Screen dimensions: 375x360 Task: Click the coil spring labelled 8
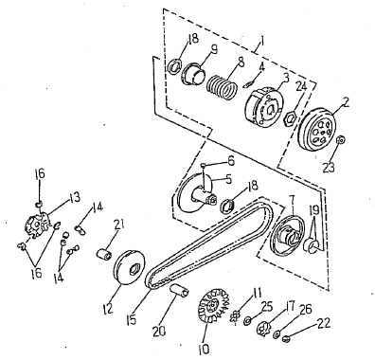pos(223,86)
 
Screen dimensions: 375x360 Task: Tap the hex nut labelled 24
pos(290,117)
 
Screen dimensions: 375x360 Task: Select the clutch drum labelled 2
pos(317,131)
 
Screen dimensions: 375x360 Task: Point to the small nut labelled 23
pos(341,140)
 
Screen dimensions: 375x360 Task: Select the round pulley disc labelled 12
pos(129,268)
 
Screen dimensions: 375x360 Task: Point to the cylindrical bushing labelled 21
pos(103,254)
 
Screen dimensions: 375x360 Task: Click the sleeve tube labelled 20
pos(180,291)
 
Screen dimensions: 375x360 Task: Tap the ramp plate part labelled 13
pos(37,225)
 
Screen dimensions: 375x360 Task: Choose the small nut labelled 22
pos(287,339)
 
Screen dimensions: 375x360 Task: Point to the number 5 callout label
pos(227,179)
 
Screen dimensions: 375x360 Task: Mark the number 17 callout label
pos(289,306)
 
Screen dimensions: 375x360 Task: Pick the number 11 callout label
pos(257,293)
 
